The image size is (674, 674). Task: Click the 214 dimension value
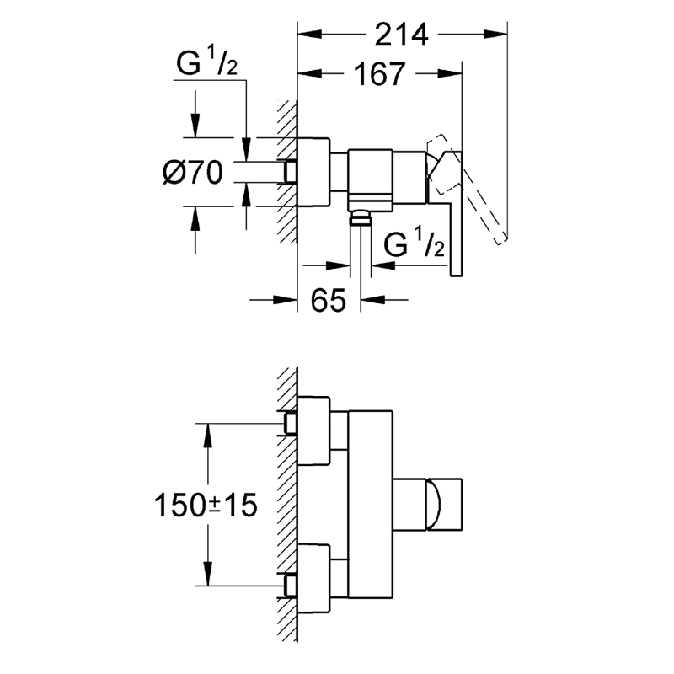click(401, 35)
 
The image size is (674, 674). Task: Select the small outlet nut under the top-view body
click(361, 219)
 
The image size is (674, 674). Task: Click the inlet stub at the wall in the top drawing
click(291, 172)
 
